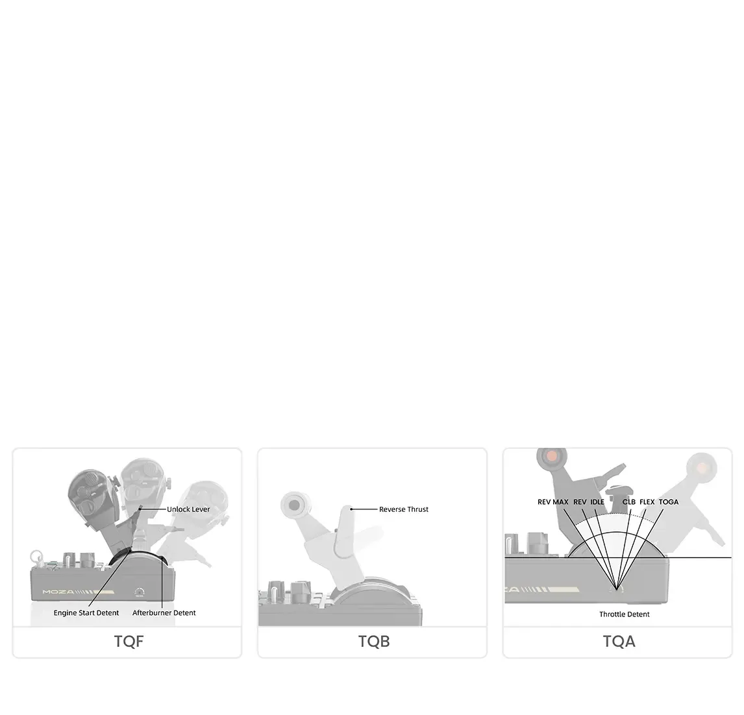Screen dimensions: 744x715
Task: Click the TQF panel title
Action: point(129,641)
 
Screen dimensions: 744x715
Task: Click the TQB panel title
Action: point(374,641)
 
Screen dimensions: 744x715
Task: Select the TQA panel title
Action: point(619,641)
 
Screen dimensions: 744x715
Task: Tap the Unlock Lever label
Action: point(188,509)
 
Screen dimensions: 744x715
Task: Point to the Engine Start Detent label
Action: point(86,612)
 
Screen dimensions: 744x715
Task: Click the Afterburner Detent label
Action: point(164,612)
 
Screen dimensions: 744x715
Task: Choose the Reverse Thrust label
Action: point(404,509)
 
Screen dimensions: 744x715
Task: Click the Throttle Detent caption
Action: point(625,614)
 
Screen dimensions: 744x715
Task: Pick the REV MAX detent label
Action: point(552,502)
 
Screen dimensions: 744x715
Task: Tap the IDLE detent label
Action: point(597,502)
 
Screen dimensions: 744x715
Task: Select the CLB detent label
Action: point(628,502)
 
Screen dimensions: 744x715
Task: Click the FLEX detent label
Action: point(647,502)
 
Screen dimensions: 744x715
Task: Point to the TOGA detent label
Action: point(669,502)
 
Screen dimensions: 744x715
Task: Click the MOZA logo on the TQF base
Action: point(58,592)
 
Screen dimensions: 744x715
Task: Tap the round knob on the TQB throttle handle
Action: point(295,505)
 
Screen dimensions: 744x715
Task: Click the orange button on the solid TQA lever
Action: point(552,456)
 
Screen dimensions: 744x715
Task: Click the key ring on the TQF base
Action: point(36,557)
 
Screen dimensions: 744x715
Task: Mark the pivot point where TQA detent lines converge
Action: point(616,589)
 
